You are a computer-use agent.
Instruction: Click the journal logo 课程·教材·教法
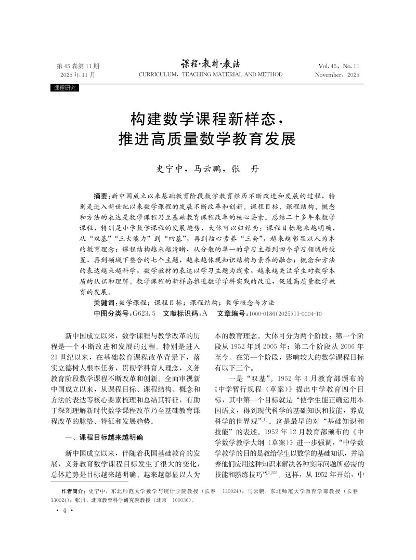(x=210, y=64)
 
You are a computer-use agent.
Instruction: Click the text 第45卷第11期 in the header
(x=77, y=67)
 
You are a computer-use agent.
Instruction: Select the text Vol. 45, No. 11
(x=339, y=67)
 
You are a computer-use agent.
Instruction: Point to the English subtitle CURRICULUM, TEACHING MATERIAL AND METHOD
(x=211, y=75)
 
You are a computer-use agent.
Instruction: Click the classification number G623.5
(x=144, y=314)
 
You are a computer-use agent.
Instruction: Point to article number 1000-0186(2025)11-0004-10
(x=285, y=314)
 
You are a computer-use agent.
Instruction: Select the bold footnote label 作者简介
(x=73, y=491)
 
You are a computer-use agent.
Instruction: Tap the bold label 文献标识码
(x=180, y=314)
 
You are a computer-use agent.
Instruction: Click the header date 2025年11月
(x=78, y=75)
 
